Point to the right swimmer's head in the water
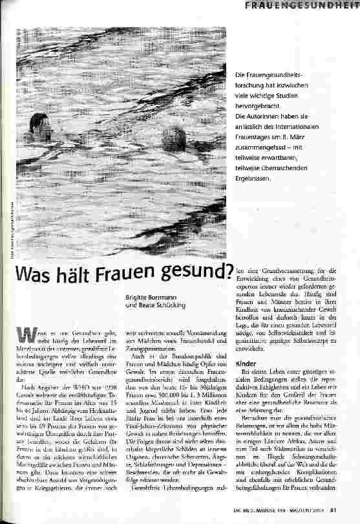(x=177, y=134)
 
